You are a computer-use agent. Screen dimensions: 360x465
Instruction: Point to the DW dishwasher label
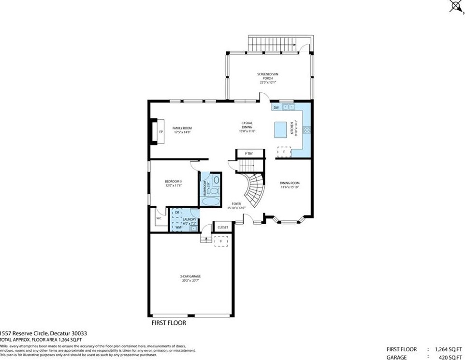click(x=276, y=107)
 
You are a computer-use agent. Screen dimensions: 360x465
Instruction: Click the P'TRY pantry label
click(x=249, y=154)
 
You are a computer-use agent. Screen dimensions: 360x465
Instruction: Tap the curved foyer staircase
click(x=254, y=189)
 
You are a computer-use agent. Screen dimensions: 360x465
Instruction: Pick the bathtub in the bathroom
click(x=211, y=202)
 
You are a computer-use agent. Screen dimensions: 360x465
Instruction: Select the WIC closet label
click(x=159, y=218)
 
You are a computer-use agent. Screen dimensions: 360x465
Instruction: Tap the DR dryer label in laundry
click(x=177, y=213)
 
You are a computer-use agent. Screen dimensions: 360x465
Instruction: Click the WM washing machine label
click(x=178, y=227)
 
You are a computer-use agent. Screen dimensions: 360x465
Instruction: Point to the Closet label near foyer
click(x=223, y=227)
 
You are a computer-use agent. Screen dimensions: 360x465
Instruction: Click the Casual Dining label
click(x=247, y=127)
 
